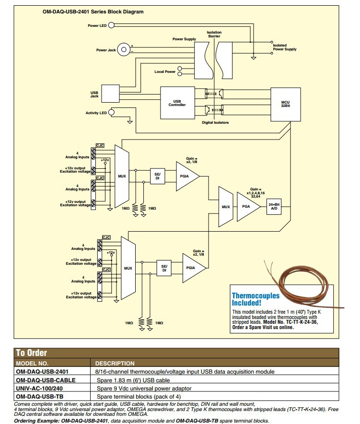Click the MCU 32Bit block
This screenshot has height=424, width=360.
tap(285, 104)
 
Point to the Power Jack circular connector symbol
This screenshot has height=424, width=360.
tap(124, 49)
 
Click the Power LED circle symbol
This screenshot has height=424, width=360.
tap(111, 25)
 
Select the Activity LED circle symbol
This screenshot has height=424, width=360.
tap(112, 113)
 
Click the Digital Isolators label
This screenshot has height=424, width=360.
tap(215, 123)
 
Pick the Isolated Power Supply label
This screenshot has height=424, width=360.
tap(284, 47)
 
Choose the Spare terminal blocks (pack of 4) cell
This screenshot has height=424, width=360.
tap(132, 396)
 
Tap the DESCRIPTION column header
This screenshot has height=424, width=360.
tap(115, 364)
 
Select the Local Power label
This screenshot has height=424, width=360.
tap(165, 71)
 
